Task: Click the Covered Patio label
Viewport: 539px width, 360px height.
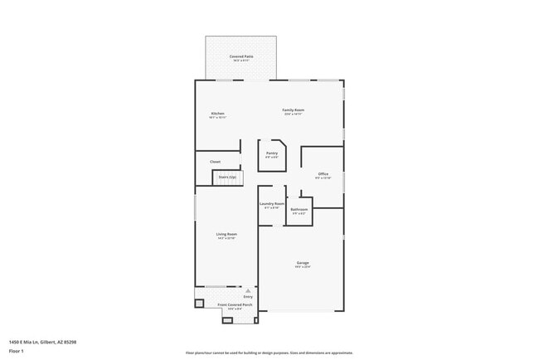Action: click(241, 56)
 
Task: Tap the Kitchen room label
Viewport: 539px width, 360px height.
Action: click(217, 113)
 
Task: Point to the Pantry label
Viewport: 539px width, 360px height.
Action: click(272, 153)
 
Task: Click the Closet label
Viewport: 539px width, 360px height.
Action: click(215, 162)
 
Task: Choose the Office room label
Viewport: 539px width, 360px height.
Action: click(323, 173)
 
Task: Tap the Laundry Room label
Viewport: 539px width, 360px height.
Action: click(272, 204)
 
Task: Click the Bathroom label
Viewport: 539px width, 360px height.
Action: click(299, 209)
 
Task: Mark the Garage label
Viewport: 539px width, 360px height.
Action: click(303, 263)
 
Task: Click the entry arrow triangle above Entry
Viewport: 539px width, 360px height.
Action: click(247, 290)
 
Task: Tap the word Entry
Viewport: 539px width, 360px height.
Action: click(247, 296)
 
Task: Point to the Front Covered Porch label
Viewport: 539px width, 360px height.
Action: click(236, 305)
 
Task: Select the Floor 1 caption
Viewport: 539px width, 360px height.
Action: click(17, 351)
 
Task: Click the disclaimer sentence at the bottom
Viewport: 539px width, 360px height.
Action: click(269, 353)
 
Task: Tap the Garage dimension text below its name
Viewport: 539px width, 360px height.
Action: click(303, 267)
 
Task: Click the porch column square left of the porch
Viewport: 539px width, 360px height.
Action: click(199, 304)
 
